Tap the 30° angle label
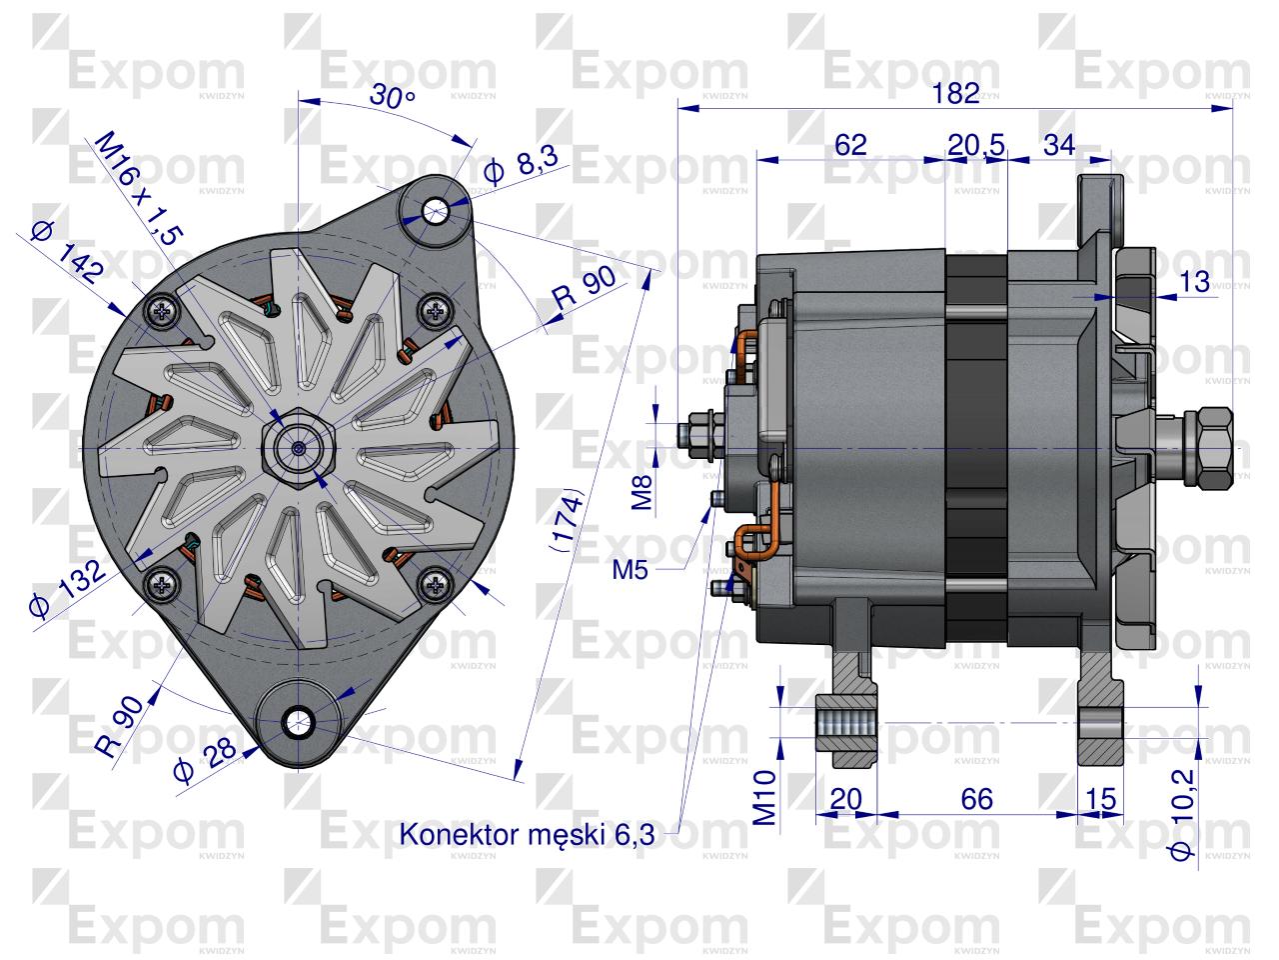coord(392,97)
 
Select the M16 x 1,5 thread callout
coord(139,188)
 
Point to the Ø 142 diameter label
coord(67,254)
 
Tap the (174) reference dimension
coord(566,520)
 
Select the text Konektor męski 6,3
coord(527,834)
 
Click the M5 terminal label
coord(632,570)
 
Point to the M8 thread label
coord(645,492)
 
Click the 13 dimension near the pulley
coord(1195,283)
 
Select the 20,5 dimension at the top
coord(975,144)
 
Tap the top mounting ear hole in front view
coord(435,210)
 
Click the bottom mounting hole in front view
coord(297,722)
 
